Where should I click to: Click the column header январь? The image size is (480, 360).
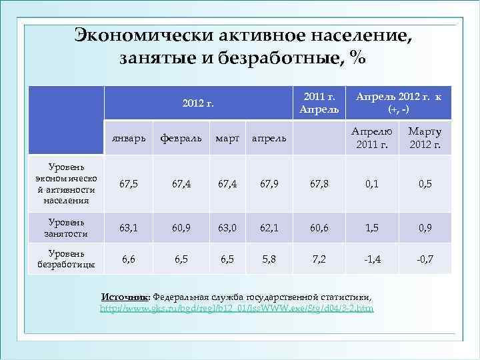130,138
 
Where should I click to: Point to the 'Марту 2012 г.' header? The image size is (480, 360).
425,138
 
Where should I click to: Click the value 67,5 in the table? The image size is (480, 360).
129,185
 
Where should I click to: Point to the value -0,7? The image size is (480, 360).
425,259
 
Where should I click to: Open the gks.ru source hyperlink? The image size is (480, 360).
237,309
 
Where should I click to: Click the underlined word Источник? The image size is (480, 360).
125,297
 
